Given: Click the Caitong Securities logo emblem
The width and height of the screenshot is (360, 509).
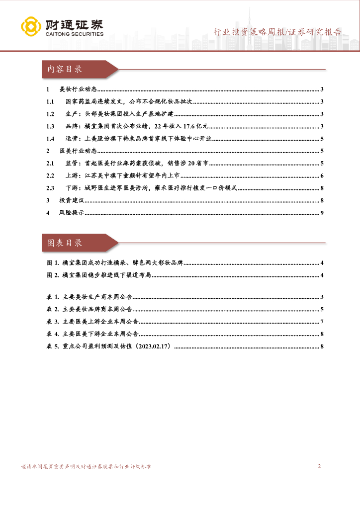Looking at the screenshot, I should coord(31,27).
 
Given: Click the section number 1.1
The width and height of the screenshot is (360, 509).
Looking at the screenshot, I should coord(49,102).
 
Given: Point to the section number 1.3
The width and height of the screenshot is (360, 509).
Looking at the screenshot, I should coord(49,126).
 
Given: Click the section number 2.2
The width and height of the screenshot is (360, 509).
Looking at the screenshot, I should coord(49,175).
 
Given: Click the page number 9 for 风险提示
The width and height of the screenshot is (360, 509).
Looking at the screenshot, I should coord(322,213).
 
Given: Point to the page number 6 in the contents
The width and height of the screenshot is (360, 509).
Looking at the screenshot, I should coord(322,175).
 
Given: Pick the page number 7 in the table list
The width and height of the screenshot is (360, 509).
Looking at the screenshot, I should coord(322,322).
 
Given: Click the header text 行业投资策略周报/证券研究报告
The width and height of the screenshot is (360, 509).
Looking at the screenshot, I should coord(277,33).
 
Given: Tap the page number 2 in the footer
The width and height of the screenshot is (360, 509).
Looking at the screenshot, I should coord(319,466).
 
